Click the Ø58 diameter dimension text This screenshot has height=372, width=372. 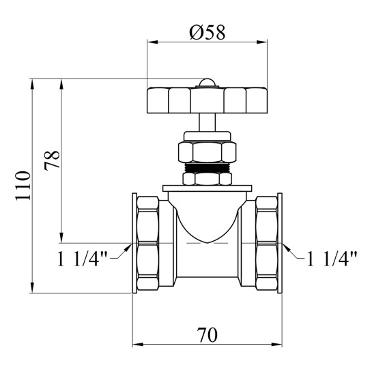pos(208,32)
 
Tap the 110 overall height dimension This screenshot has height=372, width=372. pos(23,186)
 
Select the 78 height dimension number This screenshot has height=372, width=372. pos(52,160)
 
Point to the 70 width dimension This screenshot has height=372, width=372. pos(208,334)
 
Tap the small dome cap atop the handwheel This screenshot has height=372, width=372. pos(205,83)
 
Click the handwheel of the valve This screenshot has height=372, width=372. pos(208,100)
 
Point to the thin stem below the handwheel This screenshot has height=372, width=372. pos(208,122)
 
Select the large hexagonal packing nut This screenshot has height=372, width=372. pos(207,152)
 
